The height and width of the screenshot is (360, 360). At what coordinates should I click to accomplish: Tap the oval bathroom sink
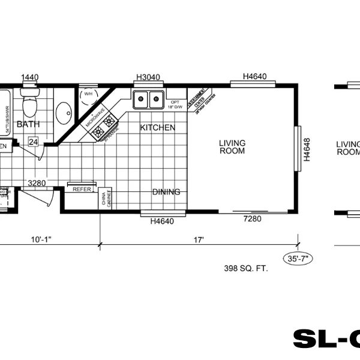pyautogui.click(x=64, y=112)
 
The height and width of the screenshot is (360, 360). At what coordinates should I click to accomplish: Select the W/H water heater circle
pyautogui.click(x=88, y=94)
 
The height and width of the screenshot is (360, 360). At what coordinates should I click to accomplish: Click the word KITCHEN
pyautogui.click(x=158, y=128)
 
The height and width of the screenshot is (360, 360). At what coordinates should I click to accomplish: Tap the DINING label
pyautogui.click(x=166, y=192)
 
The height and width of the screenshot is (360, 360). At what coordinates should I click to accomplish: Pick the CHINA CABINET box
pyautogui.click(x=106, y=199)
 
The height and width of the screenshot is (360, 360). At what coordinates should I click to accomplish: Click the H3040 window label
pyautogui.click(x=148, y=77)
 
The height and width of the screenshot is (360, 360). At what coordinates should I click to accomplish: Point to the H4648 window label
pyautogui.click(x=306, y=150)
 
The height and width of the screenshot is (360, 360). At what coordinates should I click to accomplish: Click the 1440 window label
pyautogui.click(x=30, y=77)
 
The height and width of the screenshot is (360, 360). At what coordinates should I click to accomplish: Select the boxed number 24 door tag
pyautogui.click(x=34, y=142)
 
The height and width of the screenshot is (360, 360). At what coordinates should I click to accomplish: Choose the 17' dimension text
pyautogui.click(x=199, y=240)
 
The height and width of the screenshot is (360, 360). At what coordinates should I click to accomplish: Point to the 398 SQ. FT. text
pyautogui.click(x=245, y=268)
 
